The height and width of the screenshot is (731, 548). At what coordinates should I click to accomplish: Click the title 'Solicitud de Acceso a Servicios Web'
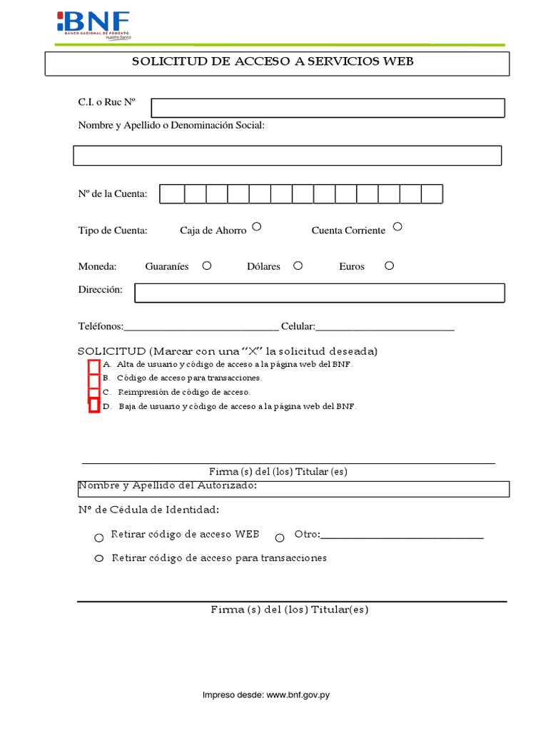tap(273, 62)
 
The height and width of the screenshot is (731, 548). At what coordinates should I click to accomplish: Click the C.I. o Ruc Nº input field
tap(328, 108)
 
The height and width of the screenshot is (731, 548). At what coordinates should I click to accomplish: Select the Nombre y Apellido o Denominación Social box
tap(287, 156)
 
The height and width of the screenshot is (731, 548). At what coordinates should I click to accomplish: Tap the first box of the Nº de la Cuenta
tap(172, 194)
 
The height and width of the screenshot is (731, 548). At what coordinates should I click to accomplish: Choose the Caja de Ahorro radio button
tap(257, 226)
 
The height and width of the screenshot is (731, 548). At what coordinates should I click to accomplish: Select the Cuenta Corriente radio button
tap(397, 226)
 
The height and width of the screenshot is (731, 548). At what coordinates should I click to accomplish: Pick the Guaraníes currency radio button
tap(207, 266)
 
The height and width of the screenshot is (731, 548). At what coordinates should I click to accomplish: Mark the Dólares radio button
tap(298, 266)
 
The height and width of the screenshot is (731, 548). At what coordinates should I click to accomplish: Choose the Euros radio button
tap(389, 266)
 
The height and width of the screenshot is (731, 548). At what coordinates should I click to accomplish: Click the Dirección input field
tap(319, 293)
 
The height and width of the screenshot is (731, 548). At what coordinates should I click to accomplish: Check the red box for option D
tap(93, 405)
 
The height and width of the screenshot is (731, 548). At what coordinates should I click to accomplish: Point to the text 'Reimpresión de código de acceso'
tap(183, 393)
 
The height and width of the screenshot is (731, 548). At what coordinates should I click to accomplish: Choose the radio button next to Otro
tap(280, 538)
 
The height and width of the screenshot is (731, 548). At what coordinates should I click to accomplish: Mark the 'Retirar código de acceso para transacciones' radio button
tap(99, 558)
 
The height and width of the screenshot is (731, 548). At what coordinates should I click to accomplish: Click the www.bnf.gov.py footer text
tap(298, 694)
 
